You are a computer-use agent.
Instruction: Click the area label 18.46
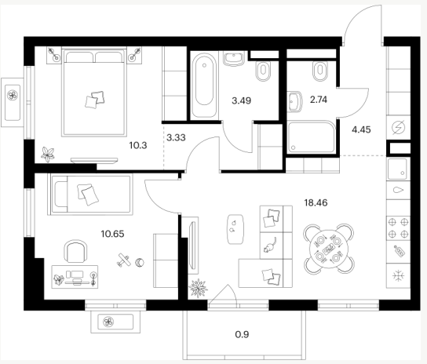click(316, 203)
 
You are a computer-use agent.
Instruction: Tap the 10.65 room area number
click(112, 234)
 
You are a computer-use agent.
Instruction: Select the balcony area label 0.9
click(242, 334)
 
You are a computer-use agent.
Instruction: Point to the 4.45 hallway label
click(361, 129)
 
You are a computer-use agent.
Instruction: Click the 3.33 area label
click(176, 137)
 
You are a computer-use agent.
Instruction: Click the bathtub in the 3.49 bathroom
click(204, 86)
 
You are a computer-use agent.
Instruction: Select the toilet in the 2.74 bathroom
click(320, 71)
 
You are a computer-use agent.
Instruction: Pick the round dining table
click(329, 249)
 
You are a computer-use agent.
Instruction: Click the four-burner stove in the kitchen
click(398, 227)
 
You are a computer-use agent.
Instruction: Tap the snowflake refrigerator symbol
click(399, 276)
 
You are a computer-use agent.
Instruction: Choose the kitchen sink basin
click(397, 169)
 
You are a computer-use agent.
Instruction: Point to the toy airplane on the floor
click(123, 260)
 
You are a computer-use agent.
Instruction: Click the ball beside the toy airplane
click(140, 263)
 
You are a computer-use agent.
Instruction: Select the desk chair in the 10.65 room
click(76, 251)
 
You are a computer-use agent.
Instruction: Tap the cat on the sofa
click(270, 246)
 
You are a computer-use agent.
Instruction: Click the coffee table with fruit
click(235, 229)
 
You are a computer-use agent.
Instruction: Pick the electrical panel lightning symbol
click(399, 127)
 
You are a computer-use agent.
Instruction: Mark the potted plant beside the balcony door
click(198, 287)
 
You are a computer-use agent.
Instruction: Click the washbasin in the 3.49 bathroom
click(233, 59)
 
